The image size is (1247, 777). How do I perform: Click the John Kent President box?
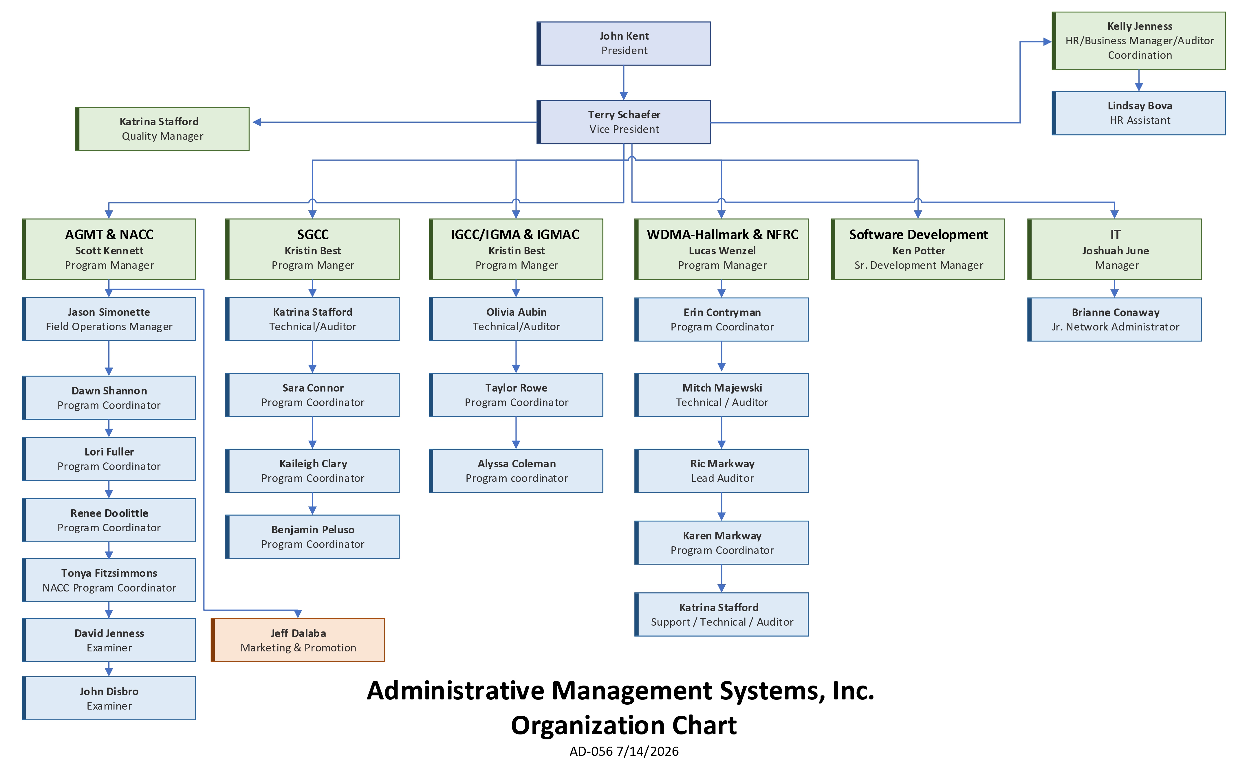click(x=624, y=44)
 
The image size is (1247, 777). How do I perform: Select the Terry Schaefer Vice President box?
click(x=624, y=122)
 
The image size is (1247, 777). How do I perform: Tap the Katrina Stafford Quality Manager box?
click(x=162, y=129)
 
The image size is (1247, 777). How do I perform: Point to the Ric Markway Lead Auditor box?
click(x=722, y=471)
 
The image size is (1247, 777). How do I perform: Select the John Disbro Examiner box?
click(x=109, y=698)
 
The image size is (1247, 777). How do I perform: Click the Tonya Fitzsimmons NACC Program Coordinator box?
click(x=109, y=580)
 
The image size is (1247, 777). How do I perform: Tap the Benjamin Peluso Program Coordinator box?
click(x=312, y=537)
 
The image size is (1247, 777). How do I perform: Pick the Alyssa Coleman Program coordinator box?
click(x=516, y=471)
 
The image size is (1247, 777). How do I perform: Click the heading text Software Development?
click(x=918, y=235)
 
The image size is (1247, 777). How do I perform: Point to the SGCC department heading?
click(x=312, y=235)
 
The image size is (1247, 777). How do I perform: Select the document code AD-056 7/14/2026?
click(x=624, y=751)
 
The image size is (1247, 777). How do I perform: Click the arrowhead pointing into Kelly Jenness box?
click(x=1047, y=42)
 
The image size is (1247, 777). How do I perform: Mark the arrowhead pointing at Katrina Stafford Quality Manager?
click(x=257, y=122)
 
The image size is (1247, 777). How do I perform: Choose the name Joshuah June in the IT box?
click(x=1115, y=251)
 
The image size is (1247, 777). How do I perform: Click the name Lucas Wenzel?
click(x=722, y=251)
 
